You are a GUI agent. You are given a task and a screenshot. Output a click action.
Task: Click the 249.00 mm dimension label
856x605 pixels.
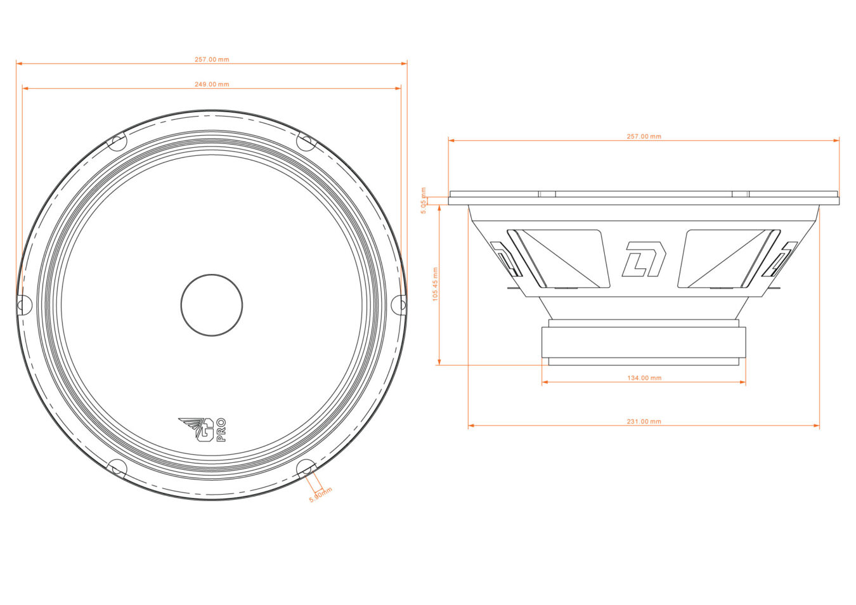click(212, 84)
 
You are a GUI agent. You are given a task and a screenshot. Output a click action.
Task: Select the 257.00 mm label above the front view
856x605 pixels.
click(212, 60)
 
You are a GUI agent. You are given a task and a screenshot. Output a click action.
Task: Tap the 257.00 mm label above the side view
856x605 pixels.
click(644, 136)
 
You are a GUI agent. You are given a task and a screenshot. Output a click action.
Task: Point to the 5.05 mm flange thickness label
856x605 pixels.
click(424, 200)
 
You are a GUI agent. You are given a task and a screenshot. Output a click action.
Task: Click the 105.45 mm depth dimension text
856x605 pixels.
click(435, 283)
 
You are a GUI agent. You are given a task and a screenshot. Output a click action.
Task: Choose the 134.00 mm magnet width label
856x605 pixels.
click(644, 378)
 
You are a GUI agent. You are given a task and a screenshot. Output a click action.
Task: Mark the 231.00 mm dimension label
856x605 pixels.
click(644, 422)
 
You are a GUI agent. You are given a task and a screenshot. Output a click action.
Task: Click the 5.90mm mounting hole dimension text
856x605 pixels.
click(320, 495)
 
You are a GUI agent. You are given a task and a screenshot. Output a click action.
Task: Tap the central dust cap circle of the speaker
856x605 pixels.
click(212, 305)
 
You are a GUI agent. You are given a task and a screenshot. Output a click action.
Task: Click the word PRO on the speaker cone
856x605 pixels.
click(221, 430)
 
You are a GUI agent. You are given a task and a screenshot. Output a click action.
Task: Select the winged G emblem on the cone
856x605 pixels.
click(198, 429)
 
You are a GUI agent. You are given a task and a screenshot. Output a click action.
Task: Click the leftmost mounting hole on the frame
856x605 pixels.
click(23, 305)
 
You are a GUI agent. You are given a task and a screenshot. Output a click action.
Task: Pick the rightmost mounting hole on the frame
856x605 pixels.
click(400, 305)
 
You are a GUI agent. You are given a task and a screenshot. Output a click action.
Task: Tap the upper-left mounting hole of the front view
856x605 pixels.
click(117, 141)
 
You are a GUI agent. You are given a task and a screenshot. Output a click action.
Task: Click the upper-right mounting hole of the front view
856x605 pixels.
click(306, 141)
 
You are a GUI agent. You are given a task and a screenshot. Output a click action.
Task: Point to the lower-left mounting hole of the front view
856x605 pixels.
click(117, 469)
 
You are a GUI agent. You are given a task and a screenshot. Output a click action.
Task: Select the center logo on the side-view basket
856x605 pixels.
click(644, 259)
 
